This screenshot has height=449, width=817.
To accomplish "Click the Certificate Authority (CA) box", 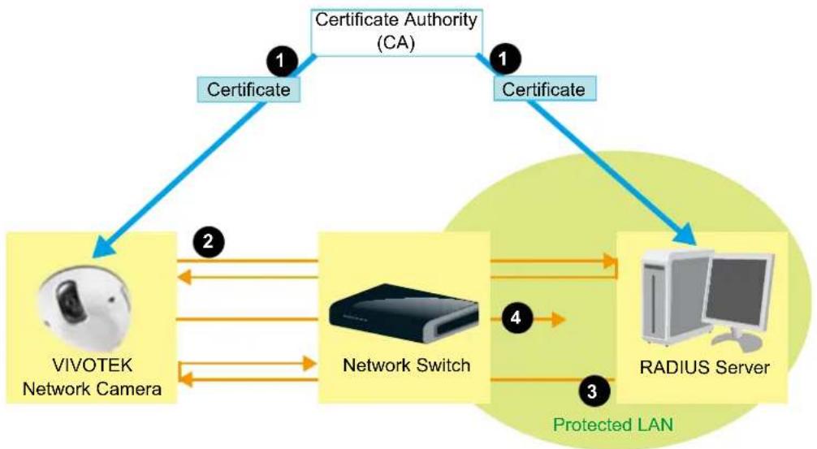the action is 396,32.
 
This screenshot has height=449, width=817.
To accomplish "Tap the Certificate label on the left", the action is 249,89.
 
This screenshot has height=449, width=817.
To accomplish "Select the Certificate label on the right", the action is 544,89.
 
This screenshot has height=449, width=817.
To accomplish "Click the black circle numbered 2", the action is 209,241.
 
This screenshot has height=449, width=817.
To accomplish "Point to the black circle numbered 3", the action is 592,391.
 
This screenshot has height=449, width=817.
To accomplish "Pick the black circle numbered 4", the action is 516,317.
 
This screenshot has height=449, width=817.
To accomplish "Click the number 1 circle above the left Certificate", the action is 281,62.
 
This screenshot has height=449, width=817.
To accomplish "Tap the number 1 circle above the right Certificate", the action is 504,58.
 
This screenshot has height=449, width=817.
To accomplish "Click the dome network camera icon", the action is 84,309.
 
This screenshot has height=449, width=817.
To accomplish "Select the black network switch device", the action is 404,313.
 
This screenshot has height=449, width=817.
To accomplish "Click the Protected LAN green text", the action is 612,425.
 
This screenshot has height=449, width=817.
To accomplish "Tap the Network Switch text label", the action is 406,365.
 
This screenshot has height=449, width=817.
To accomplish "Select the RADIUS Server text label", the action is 704,367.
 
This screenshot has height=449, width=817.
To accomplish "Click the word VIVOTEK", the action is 93,365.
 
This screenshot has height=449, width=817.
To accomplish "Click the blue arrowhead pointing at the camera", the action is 105,246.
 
